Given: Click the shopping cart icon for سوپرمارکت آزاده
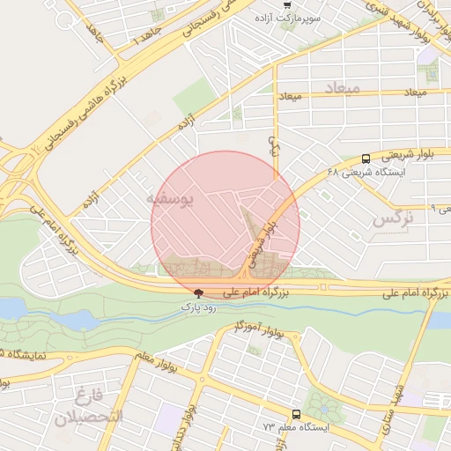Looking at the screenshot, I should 286,4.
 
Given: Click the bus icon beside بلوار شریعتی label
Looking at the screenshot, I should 366,159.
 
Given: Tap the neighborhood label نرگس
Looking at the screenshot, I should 392,218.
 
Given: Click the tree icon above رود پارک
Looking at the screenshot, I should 197,293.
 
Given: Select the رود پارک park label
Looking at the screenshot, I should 197,307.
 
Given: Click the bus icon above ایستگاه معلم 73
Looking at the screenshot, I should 295,413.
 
